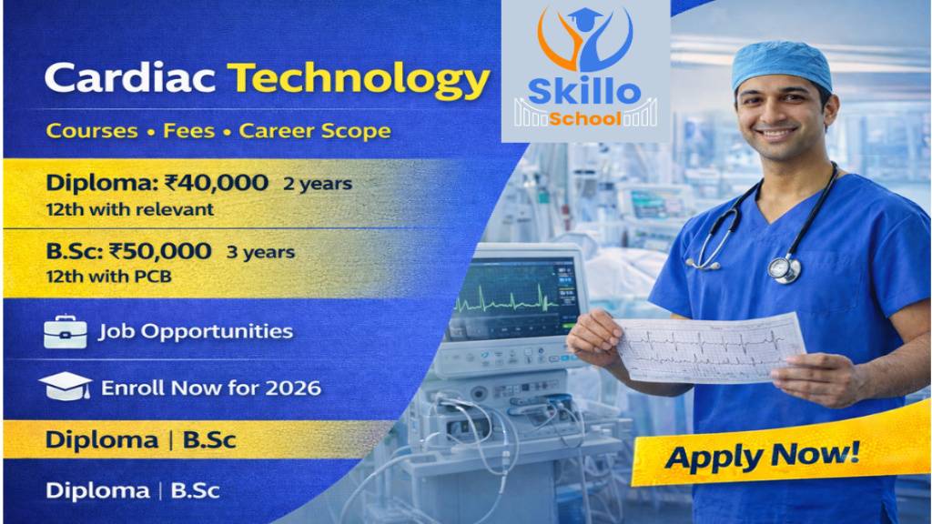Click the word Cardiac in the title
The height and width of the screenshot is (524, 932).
tap(130, 80)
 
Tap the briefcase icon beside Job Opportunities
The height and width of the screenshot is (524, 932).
tap(65, 332)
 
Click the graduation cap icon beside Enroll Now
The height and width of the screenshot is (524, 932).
tap(65, 388)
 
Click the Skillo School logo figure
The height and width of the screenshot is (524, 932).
tap(584, 41)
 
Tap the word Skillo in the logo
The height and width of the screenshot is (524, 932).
tap(584, 93)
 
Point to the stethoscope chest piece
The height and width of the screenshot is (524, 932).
tap(784, 268)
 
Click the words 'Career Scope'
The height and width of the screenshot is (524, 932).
tap(314, 131)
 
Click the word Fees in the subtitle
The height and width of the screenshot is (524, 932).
tap(188, 131)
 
